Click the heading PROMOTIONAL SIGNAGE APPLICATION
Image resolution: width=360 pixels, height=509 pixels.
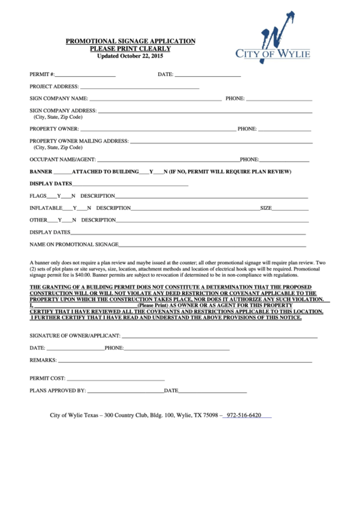[130, 41]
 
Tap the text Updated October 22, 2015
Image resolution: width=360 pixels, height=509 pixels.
[130, 56]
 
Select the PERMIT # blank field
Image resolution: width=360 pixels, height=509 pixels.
[86, 74]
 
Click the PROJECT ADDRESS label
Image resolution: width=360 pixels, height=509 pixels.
[54, 86]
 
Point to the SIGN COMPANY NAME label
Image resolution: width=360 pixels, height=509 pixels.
[59, 99]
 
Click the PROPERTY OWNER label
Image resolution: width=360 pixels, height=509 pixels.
[54, 128]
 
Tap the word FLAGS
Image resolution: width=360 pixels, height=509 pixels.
[38, 196]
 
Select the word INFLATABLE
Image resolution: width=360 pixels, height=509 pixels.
[46, 208]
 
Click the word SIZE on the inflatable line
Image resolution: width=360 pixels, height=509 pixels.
[266, 208]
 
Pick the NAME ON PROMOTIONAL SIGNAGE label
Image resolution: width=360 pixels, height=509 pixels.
[74, 244]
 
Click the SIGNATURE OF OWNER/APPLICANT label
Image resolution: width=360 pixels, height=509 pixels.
[75, 336]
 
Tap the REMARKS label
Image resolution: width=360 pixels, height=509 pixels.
[43, 360]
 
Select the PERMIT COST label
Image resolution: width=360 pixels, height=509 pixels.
[48, 378]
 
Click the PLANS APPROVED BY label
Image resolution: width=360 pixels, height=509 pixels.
[58, 391]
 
